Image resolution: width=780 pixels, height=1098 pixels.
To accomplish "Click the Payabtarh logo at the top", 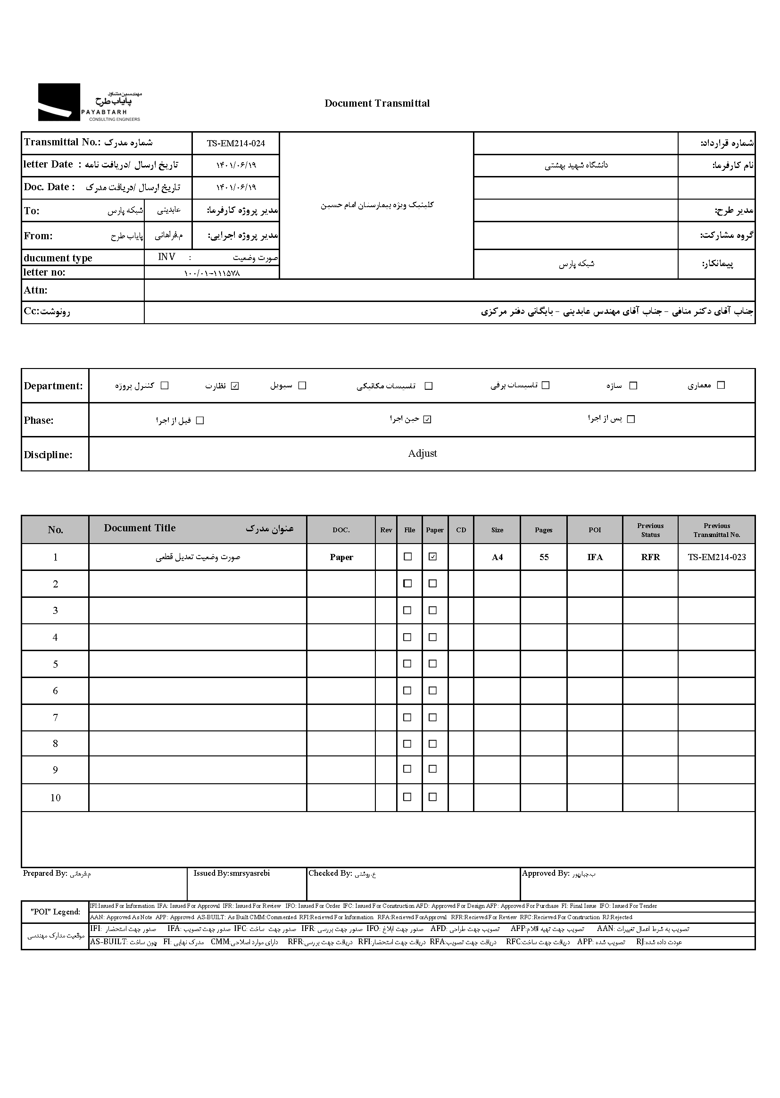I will pos(89,102).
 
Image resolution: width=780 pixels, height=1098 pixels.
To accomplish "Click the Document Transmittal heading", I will pos(377,103).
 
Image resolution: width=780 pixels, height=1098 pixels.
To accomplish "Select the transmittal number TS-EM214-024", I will pos(236,143).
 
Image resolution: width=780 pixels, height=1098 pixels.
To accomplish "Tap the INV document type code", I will pos(166,257).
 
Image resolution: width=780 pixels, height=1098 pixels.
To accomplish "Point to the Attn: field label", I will pos(35,290).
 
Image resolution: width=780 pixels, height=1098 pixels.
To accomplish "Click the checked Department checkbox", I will pos(235,386).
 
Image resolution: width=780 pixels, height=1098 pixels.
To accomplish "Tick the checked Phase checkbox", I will pos(427,419).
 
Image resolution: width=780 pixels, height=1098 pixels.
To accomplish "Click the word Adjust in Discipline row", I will pos(422,453).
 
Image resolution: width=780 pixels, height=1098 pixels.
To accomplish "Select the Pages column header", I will pos(544,530).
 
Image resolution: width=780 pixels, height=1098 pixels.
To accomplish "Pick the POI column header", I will pos(595,530).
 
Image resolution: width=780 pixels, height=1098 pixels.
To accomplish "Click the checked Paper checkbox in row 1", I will pos(433,556).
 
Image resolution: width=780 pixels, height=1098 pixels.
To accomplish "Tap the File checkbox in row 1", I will pos(408,556).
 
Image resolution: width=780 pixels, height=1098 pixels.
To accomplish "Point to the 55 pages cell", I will pos(544,557).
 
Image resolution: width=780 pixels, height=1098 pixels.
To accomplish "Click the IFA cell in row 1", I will pos(595,557).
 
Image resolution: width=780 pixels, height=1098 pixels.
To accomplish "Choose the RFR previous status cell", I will pos(650,557).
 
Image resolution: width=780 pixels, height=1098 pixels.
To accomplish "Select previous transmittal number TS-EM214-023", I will pos(717,557).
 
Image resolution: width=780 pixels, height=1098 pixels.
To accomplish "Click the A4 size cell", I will pos(497,557).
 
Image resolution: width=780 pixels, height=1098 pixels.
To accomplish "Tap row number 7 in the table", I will pos(55,718).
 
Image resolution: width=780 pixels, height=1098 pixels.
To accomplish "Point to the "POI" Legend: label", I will pos(55,912).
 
